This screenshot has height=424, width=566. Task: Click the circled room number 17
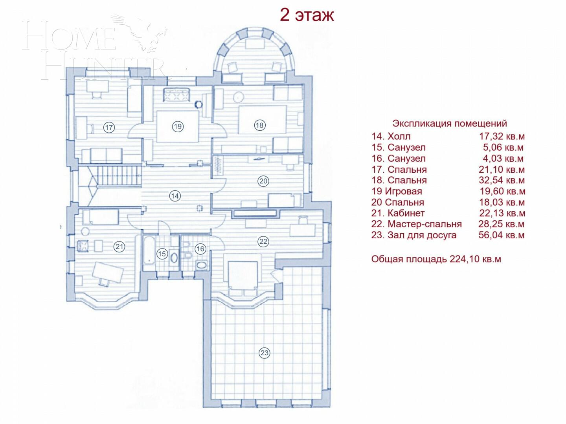109,127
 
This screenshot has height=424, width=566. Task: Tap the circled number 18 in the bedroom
259,125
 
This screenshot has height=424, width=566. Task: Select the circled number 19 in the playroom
178,126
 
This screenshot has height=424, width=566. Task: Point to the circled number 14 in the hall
175,196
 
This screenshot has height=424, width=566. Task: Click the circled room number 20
263,181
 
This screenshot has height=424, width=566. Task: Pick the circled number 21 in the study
119,247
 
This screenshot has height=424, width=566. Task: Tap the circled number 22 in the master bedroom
263,241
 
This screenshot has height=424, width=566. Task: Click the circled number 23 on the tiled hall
264,353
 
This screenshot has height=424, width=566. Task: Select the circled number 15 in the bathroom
162,254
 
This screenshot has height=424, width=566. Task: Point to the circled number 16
200,249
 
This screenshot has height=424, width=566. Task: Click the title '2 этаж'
307,15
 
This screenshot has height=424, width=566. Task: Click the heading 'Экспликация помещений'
450,123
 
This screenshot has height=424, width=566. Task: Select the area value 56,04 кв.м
501,235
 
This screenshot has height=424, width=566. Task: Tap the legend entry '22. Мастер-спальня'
416,224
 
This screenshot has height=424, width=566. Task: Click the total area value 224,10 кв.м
475,259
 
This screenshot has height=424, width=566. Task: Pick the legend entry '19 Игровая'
397,191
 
